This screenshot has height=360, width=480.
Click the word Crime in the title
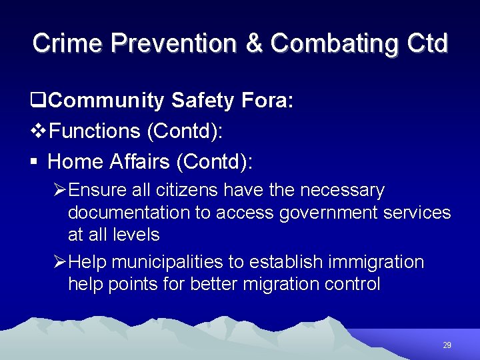tap(67, 43)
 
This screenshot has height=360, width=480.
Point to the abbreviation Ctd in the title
tap(425, 43)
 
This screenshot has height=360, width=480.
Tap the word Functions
tap(94, 131)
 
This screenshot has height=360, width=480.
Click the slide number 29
tap(447, 345)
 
